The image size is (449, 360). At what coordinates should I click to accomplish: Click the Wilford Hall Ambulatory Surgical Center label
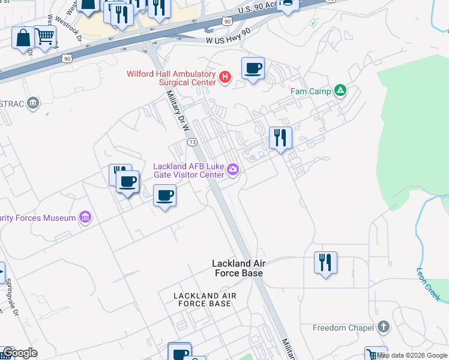[x=171, y=78]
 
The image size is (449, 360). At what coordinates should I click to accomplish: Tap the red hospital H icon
[x=225, y=77]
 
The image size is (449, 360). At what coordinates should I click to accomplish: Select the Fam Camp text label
[x=308, y=91]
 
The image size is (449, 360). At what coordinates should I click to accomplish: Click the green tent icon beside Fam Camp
[x=340, y=91]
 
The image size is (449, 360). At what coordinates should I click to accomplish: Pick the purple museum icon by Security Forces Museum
[x=85, y=217]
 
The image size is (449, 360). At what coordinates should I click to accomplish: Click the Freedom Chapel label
[x=338, y=328]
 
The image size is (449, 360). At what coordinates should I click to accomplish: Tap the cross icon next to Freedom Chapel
[x=384, y=327]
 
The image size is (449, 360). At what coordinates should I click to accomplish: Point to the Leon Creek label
[x=428, y=284]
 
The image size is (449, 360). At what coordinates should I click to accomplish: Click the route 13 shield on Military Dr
[x=192, y=142]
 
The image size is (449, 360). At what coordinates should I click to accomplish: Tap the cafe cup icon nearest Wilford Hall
[x=253, y=68]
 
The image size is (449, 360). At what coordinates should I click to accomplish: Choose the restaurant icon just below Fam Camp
[x=280, y=138]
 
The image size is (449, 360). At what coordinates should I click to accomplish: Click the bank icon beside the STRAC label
[x=33, y=104]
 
